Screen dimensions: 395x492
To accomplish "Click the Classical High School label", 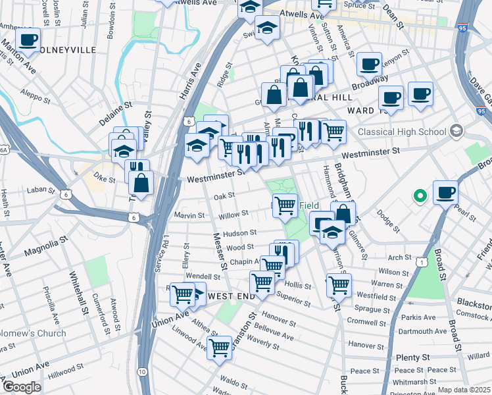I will point(401,132).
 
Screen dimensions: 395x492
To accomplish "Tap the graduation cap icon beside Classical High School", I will point(455,132).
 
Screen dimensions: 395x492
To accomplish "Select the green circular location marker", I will point(420,196).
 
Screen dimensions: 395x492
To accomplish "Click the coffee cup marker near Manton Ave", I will point(28,40).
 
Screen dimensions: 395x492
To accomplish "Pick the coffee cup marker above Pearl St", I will point(446,192).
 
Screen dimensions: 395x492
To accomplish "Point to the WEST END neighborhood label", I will point(231,297).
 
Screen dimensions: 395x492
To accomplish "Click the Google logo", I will point(21,387).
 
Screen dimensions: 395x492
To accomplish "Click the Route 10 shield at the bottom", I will point(142,372).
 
